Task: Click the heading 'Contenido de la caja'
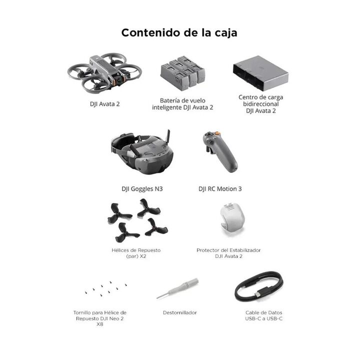tap(179, 33)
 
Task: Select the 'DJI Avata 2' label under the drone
tap(104, 104)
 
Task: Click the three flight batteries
tap(182, 72)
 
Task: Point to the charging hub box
tap(260, 73)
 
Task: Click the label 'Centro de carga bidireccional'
tap(261, 100)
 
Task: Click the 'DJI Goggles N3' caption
tap(142, 189)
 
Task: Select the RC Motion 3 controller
tap(220, 151)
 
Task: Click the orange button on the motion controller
tap(216, 133)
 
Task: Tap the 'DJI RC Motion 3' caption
tap(220, 189)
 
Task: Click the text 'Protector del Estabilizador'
tap(228, 250)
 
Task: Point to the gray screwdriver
tap(177, 288)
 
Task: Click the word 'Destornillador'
tap(180, 312)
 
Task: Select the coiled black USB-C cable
tap(259, 286)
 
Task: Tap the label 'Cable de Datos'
tap(264, 312)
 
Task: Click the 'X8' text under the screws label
tap(100, 324)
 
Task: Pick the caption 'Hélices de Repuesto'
tap(136, 250)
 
